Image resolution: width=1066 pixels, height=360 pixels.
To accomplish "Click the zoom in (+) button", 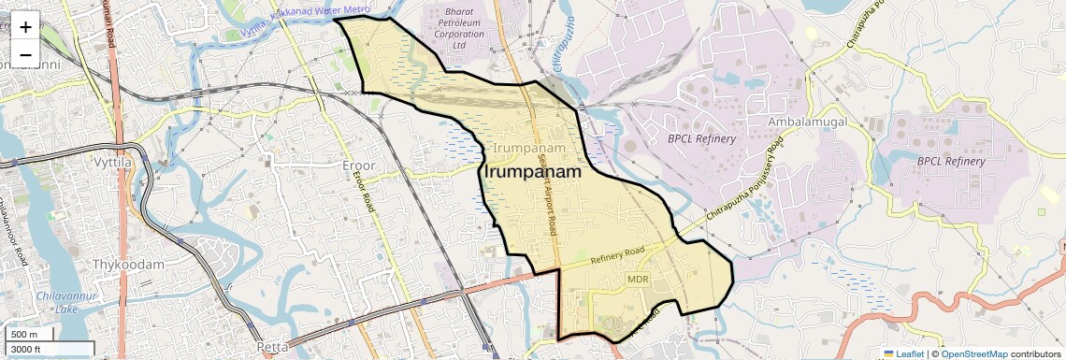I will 25,26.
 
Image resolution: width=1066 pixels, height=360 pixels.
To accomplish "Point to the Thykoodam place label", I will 128,265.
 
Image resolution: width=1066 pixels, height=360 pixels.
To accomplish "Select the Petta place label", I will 272,347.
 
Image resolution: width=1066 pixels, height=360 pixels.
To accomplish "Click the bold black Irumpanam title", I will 530,173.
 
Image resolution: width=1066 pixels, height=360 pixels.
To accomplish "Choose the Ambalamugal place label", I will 807,122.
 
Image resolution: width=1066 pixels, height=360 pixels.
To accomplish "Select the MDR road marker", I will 638,280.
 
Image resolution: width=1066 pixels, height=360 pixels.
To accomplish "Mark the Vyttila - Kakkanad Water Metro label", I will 299,20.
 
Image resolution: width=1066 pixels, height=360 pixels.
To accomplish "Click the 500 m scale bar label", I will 24,335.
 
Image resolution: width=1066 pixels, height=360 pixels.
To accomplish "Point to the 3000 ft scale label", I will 26,349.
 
